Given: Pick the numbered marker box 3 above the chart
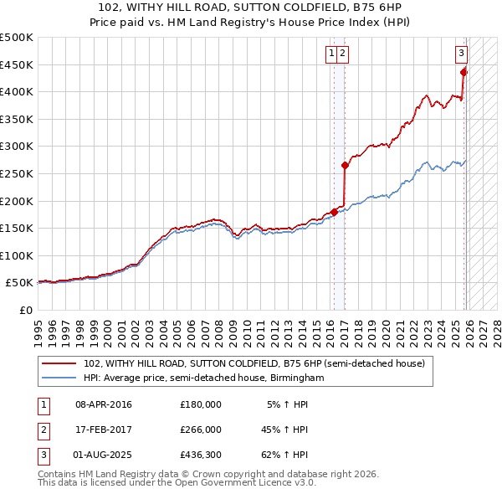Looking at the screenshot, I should pyautogui.click(x=461, y=54).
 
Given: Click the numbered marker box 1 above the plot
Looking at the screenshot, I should pyautogui.click(x=332, y=54).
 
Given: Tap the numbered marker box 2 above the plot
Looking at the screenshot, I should pyautogui.click(x=343, y=54).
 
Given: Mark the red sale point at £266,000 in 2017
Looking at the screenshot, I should pyautogui.click(x=345, y=165).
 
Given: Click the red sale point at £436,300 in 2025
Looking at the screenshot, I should pyautogui.click(x=464, y=71).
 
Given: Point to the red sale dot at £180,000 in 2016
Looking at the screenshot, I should pyautogui.click(x=334, y=212).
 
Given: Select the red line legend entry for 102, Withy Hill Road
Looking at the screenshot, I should pyautogui.click(x=254, y=363).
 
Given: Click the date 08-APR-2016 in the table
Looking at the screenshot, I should pyautogui.click(x=104, y=404).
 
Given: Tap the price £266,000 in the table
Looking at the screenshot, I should pyautogui.click(x=201, y=430).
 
